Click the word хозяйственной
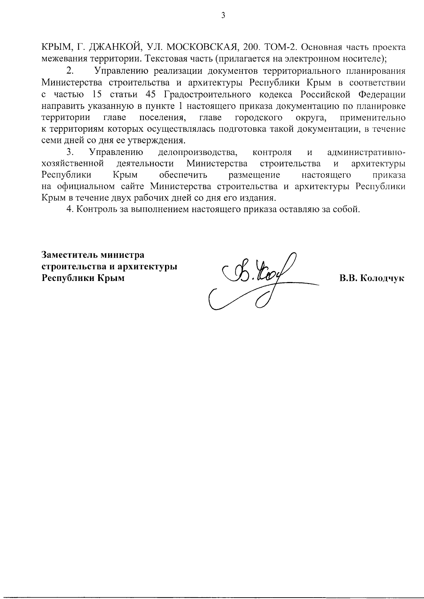(72, 164)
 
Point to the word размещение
(254, 175)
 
